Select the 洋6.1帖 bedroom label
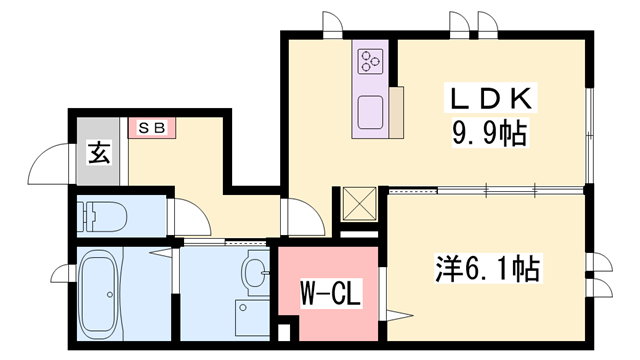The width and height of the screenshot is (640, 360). click(x=488, y=269)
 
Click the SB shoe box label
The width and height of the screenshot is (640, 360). click(x=151, y=127)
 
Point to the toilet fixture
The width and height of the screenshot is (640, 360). click(x=101, y=215)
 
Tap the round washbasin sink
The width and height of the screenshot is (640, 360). click(x=256, y=270)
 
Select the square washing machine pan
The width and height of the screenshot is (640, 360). click(x=249, y=318)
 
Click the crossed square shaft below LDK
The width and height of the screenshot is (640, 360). click(x=357, y=204)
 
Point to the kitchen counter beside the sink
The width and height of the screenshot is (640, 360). click(x=397, y=112)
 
